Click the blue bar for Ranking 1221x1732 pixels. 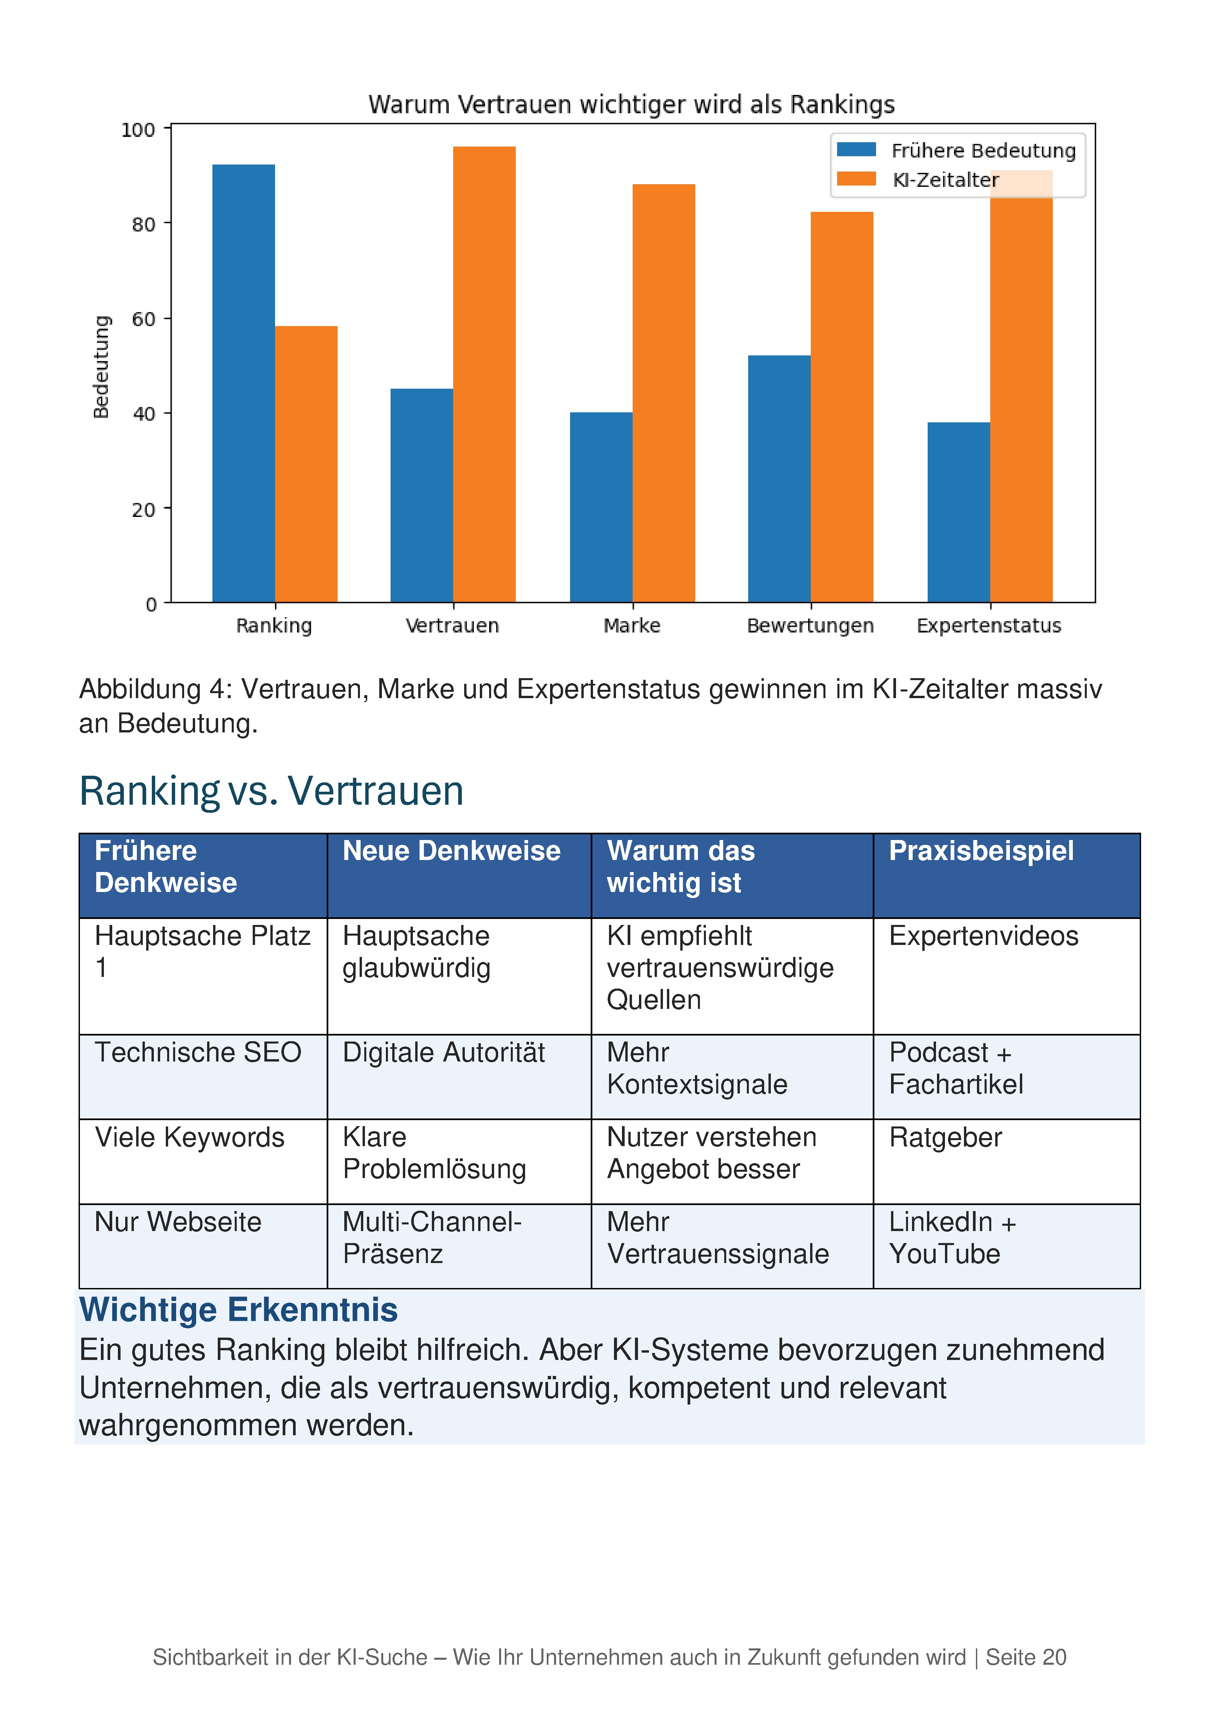click(x=244, y=383)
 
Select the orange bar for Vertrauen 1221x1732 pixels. click(x=484, y=374)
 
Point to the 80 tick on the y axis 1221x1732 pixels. click(x=143, y=224)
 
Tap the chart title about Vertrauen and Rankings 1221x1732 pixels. click(x=631, y=104)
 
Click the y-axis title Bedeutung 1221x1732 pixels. click(x=101, y=367)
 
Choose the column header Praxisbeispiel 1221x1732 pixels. click(x=981, y=851)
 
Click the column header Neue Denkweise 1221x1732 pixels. click(x=452, y=851)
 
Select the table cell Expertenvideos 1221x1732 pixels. click(x=984, y=936)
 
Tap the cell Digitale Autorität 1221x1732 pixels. click(x=444, y=1052)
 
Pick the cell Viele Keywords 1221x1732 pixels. click(x=189, y=1137)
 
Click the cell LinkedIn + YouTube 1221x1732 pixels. click(x=953, y=1238)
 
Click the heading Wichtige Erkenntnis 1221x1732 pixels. click(x=238, y=1310)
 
